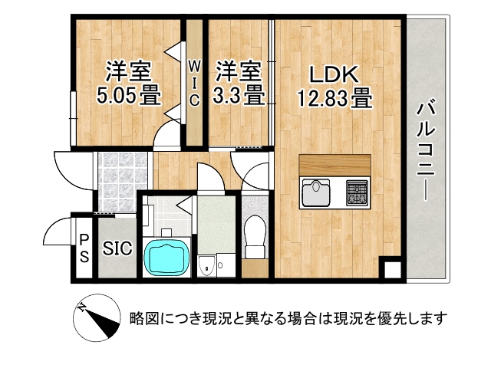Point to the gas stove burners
(x=358, y=192)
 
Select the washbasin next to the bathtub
(x=206, y=265)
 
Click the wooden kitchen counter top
(x=335, y=166)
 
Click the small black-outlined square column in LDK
(x=392, y=270)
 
